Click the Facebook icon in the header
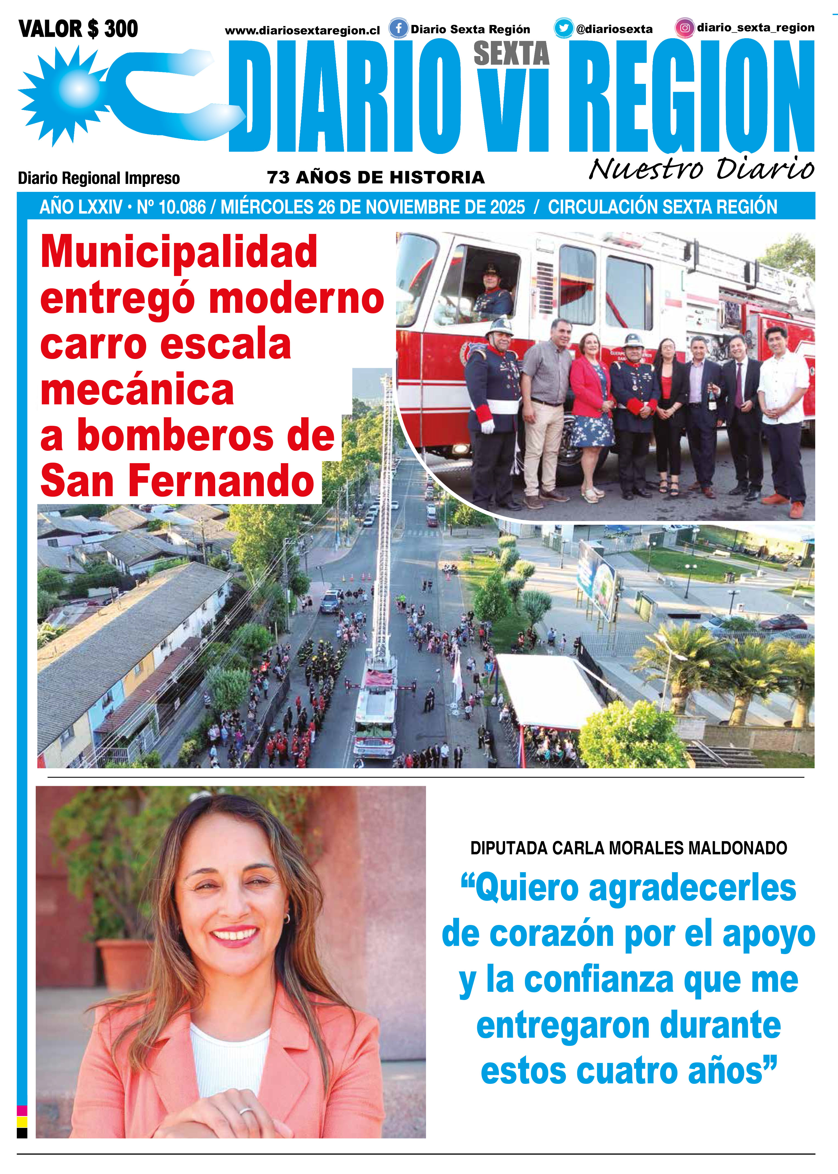(x=398, y=28)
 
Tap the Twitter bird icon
(x=563, y=28)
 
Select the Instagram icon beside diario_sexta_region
(x=684, y=28)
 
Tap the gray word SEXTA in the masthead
(x=511, y=54)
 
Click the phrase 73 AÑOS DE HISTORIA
(x=376, y=178)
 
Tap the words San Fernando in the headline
(x=177, y=481)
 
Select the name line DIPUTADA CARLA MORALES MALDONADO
(x=629, y=848)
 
